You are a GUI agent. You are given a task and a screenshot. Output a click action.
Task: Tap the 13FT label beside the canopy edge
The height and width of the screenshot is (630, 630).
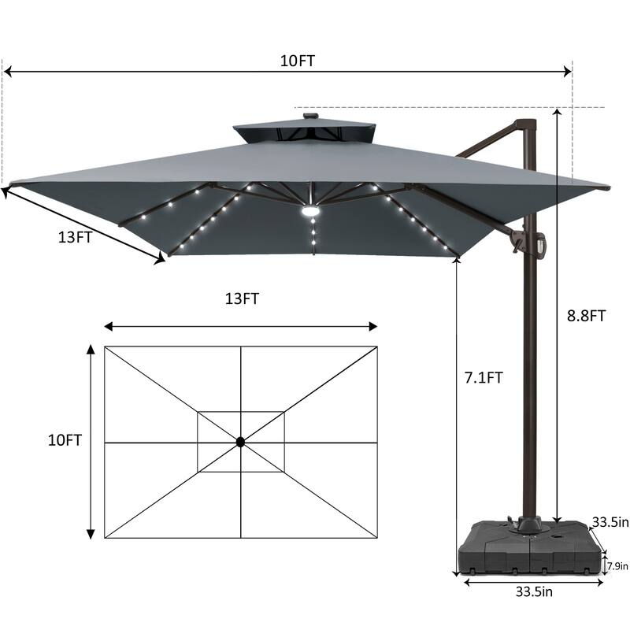(74, 236)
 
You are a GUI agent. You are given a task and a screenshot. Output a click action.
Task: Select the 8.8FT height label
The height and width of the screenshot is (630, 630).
(586, 316)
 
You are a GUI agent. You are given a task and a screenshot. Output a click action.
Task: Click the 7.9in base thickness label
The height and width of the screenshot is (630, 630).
(616, 565)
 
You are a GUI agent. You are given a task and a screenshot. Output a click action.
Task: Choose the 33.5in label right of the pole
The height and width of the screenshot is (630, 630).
(610, 522)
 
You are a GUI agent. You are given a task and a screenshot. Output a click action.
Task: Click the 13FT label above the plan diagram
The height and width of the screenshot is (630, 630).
(242, 298)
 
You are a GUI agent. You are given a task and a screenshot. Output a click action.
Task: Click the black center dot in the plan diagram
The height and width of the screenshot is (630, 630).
(241, 443)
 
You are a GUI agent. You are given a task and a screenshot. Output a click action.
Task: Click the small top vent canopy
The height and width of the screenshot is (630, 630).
(304, 132)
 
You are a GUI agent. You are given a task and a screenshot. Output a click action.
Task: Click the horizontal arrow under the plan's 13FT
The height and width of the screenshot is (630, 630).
(241, 326)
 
